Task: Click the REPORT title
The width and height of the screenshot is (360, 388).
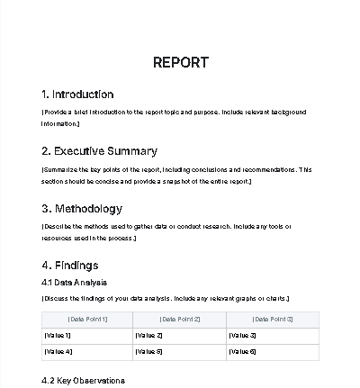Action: click(x=180, y=62)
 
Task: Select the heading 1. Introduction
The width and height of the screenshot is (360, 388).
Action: click(x=77, y=95)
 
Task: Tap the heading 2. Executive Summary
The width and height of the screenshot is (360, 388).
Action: click(x=99, y=151)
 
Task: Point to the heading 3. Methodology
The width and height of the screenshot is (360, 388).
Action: click(x=82, y=208)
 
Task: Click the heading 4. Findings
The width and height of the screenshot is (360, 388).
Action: click(x=69, y=265)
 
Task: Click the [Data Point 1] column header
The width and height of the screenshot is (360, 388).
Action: click(x=87, y=320)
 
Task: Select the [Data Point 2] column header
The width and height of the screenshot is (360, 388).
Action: click(x=180, y=320)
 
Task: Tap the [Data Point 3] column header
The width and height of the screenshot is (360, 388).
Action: click(x=273, y=320)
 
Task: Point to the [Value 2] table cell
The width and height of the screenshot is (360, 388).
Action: click(x=148, y=336)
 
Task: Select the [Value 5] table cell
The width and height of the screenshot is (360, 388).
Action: click(x=148, y=351)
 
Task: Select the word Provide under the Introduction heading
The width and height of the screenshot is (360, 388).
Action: click(x=57, y=113)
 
